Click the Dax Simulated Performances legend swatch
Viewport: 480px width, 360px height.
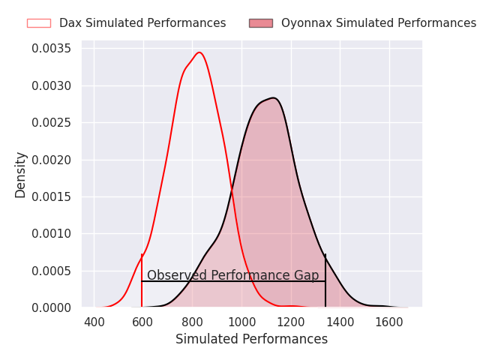click(x=39, y=23)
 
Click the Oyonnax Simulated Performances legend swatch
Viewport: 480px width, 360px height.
click(x=261, y=23)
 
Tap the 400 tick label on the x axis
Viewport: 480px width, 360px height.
click(x=94, y=322)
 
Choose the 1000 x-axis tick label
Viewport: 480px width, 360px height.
click(x=241, y=322)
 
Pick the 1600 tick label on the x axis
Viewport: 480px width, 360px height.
click(x=388, y=322)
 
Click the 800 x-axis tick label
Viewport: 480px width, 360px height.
click(x=193, y=322)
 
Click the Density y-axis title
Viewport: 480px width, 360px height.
click(x=21, y=174)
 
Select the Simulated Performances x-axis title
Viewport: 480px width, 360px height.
click(x=251, y=339)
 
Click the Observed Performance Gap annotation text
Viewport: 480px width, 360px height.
click(x=232, y=275)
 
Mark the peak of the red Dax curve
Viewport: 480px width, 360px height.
click(x=199, y=52)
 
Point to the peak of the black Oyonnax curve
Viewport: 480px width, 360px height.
click(x=273, y=97)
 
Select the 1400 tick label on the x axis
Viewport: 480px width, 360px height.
click(x=340, y=322)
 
